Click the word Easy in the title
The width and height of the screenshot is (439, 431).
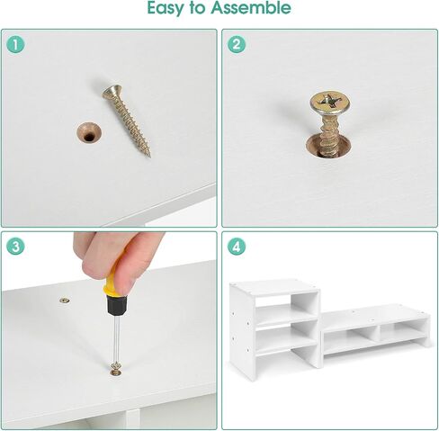click(166, 8)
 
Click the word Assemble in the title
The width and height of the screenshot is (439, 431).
click(251, 7)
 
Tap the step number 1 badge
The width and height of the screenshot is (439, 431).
click(15, 45)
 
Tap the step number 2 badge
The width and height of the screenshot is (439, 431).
click(237, 45)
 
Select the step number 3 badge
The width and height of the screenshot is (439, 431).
click(15, 247)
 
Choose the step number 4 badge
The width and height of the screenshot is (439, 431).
click(237, 247)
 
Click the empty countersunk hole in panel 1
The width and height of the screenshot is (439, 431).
click(89, 133)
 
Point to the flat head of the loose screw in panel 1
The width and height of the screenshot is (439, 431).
click(112, 92)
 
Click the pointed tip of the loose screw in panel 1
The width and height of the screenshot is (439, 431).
click(149, 156)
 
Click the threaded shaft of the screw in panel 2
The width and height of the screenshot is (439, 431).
click(329, 135)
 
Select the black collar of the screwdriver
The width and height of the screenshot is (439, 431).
click(116, 304)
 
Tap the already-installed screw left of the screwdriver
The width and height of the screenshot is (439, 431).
click(64, 301)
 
